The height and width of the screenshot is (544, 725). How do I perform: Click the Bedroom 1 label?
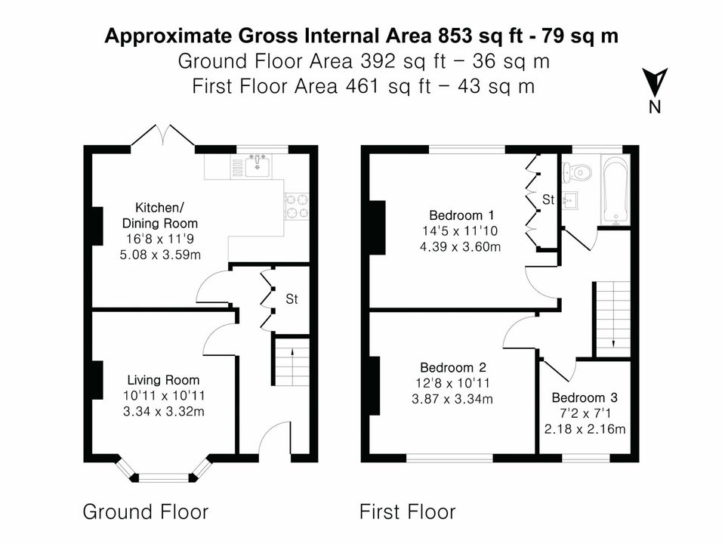tap(461, 215)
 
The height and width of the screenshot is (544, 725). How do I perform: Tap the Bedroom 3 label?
tap(585, 398)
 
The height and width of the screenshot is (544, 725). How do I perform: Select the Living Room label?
tap(163, 380)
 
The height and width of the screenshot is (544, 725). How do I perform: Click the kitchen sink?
tap(258, 165)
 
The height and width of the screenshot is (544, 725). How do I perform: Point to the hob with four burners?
tap(296, 206)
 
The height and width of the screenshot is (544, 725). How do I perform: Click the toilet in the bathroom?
tap(577, 172)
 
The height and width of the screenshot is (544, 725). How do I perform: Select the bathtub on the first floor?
tap(615, 190)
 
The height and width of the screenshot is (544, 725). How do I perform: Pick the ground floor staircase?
tap(292, 362)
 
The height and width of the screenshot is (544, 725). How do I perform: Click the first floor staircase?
tap(613, 319)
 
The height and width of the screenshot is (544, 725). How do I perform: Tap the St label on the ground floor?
tap(292, 299)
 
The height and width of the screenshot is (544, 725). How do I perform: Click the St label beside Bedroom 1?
tap(548, 199)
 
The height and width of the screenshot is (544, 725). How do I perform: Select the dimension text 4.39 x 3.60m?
tap(460, 246)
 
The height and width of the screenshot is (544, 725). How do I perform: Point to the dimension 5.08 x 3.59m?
tap(160, 255)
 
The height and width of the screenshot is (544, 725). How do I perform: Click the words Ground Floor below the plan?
tap(146, 512)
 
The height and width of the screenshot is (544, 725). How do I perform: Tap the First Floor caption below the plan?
tap(408, 512)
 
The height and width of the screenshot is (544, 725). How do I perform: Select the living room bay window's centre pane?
tap(164, 478)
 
